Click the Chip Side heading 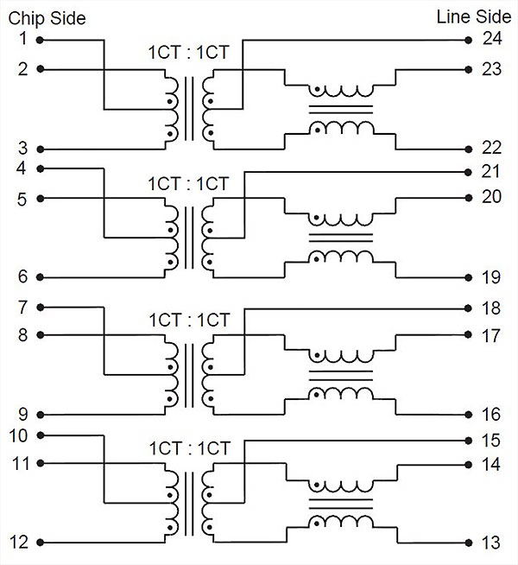(x=47, y=18)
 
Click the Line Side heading (x=472, y=17)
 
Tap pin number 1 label (x=22, y=39)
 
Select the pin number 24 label (x=492, y=39)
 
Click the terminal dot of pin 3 (x=40, y=149)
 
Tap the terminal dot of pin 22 (x=467, y=149)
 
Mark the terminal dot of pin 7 (x=40, y=308)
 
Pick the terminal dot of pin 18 (x=467, y=308)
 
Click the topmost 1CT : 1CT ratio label (x=188, y=52)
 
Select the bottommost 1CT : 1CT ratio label (x=188, y=449)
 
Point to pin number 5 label (x=22, y=199)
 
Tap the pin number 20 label (x=492, y=197)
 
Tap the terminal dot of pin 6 (x=40, y=277)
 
